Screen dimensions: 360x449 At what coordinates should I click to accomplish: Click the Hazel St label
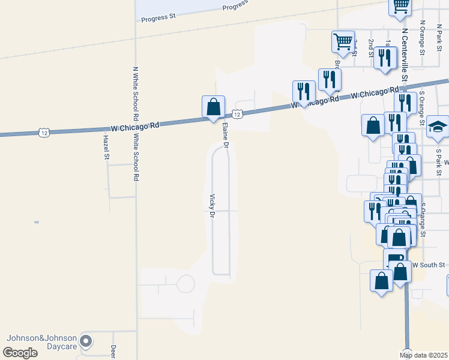(106, 147)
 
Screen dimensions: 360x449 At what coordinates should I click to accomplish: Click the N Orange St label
(423, 38)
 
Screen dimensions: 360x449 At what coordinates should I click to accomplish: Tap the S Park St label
(439, 159)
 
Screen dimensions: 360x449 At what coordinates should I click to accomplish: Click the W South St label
(429, 265)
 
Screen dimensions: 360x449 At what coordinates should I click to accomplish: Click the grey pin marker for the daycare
(86, 341)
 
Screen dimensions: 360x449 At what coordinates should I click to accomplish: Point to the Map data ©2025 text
(424, 355)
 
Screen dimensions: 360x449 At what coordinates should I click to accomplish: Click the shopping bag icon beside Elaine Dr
(213, 107)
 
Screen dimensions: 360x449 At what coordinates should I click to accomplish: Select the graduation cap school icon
(438, 127)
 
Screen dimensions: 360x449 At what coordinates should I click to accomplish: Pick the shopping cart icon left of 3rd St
(343, 42)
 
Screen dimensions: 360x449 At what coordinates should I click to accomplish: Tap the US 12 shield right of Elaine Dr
(237, 113)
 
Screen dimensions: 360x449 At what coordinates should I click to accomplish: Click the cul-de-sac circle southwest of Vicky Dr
(185, 284)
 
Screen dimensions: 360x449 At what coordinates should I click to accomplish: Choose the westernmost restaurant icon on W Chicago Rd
(304, 92)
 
